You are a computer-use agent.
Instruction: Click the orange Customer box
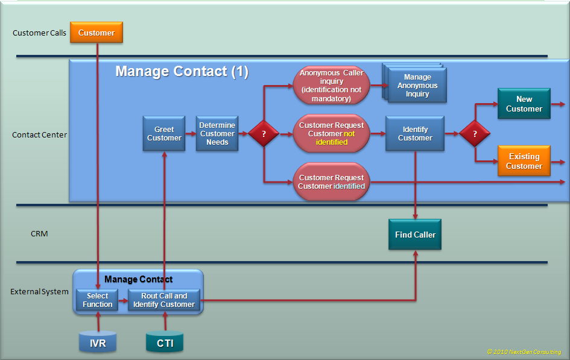[x=97, y=33]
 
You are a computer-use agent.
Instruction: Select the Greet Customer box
[x=164, y=134]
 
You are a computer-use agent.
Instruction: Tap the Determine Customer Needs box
[x=217, y=134]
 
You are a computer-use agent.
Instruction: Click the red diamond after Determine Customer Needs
[x=264, y=134]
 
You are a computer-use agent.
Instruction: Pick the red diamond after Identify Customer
[x=475, y=134]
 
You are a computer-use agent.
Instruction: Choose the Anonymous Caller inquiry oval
[x=331, y=86]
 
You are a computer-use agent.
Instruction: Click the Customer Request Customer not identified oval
[x=331, y=134]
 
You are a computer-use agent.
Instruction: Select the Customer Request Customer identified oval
[x=331, y=182]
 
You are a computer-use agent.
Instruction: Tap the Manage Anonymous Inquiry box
[x=417, y=86]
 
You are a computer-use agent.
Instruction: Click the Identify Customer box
[x=415, y=134]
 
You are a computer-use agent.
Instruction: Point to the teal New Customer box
[x=524, y=104]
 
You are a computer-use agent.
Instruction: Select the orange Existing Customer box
[x=524, y=161]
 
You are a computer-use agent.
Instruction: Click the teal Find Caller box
[x=415, y=235]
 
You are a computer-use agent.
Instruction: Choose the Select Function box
[x=97, y=300]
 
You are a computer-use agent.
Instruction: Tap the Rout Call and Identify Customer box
[x=164, y=300]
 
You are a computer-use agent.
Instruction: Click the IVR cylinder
[x=97, y=343]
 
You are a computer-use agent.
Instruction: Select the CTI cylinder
[x=165, y=343]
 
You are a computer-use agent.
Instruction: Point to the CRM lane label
[x=39, y=233]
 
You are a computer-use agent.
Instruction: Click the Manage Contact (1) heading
[x=182, y=71]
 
